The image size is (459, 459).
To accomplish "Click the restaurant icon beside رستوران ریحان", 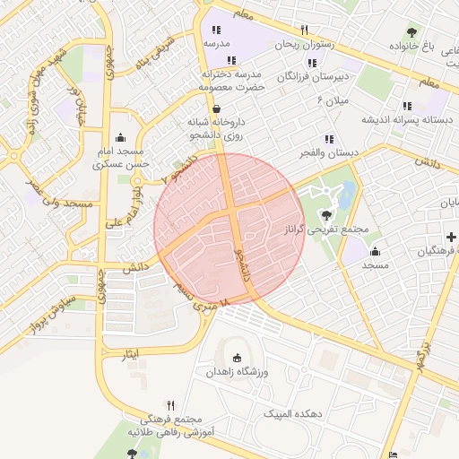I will click(305, 30).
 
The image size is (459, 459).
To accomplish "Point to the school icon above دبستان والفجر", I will click(329, 139).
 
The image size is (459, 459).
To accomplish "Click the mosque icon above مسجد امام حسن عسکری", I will click(119, 137).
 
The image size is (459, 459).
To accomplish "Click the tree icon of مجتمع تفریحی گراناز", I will click(325, 214).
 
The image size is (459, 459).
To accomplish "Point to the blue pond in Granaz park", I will click(346, 192).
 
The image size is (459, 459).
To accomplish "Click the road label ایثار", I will click(132, 355).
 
